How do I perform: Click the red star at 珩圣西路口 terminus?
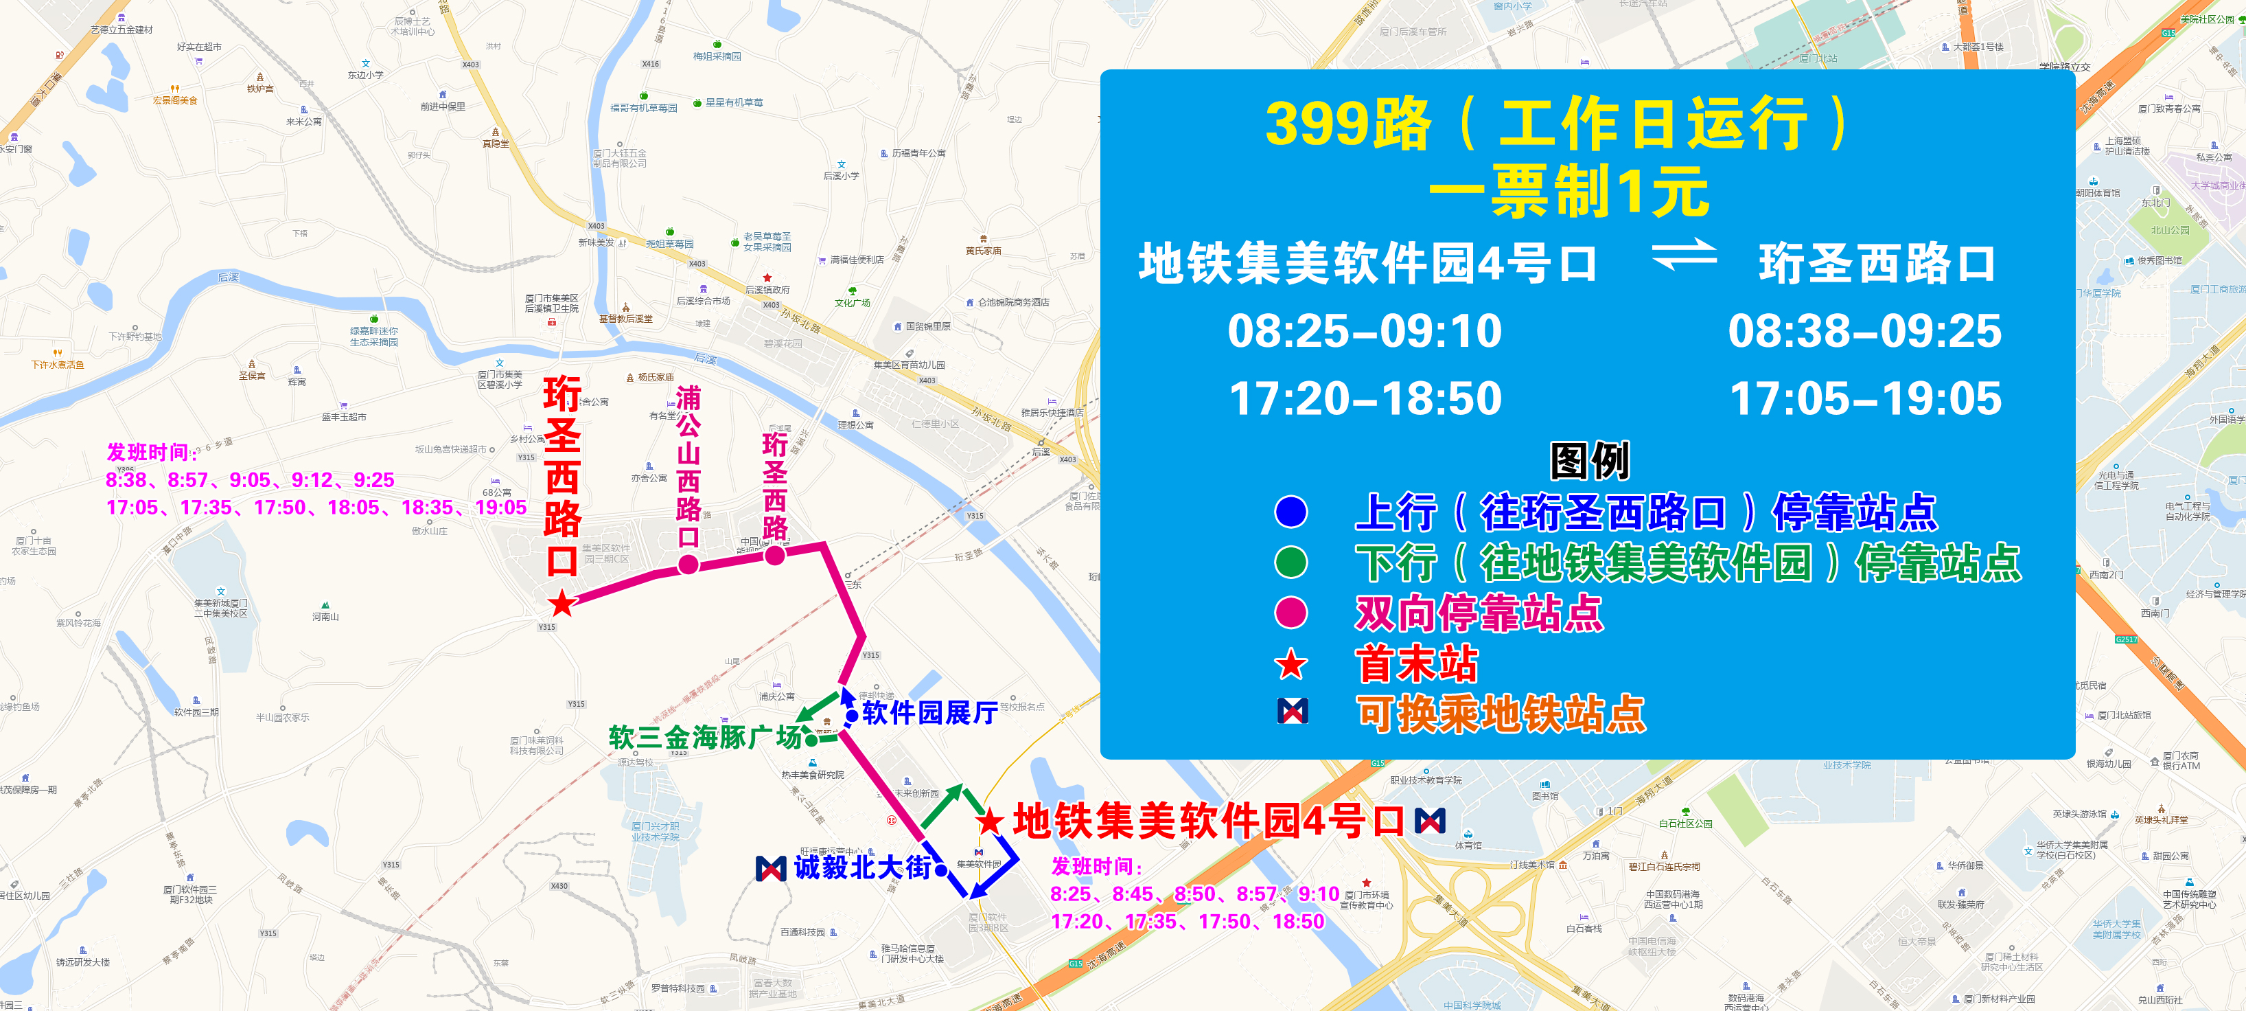[x=562, y=603]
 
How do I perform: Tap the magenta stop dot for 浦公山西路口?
[x=688, y=565]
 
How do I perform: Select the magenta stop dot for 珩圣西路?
[x=775, y=554]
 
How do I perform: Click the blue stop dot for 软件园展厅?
[x=852, y=716]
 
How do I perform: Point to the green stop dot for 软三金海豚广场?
[x=812, y=740]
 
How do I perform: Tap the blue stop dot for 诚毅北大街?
[x=941, y=869]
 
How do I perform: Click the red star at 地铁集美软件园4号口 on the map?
[x=990, y=821]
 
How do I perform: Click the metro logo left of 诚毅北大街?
[x=771, y=868]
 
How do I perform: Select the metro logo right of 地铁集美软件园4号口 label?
[x=1430, y=821]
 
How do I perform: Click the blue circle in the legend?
[x=1291, y=512]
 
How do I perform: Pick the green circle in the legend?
[x=1291, y=563]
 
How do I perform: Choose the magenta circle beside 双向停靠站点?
[x=1291, y=613]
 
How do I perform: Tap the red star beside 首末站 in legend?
[x=1291, y=665]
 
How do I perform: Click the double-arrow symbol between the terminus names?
[x=1684, y=255]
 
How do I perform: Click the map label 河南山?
[x=325, y=616]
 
